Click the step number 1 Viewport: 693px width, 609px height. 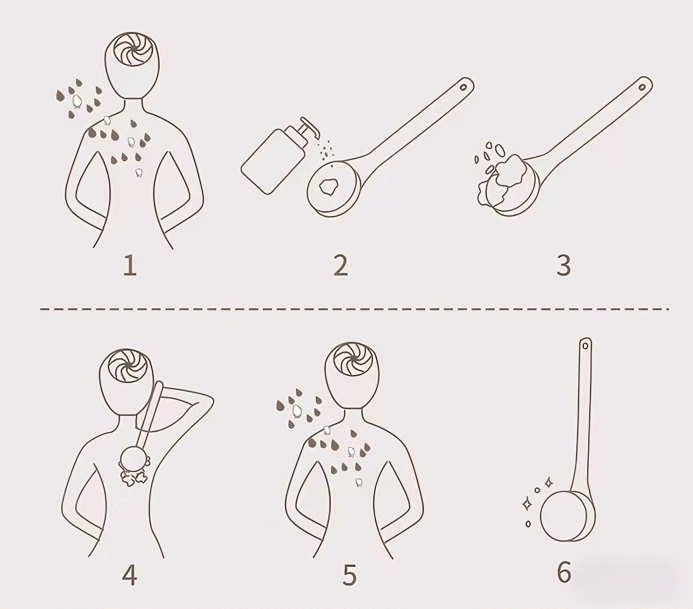[x=130, y=265]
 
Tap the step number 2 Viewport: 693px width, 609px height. [x=341, y=265]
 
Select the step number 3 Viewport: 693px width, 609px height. [x=564, y=265]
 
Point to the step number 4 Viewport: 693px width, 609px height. [x=129, y=575]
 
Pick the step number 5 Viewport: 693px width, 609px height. [x=350, y=575]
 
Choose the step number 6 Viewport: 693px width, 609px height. [x=564, y=572]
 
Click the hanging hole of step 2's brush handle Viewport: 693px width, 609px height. [x=463, y=87]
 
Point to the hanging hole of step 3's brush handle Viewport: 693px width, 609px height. [x=642, y=87]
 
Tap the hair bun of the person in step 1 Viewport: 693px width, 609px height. [x=133, y=49]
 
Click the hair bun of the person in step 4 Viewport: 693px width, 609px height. [x=127, y=366]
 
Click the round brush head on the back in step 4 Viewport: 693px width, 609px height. [x=133, y=459]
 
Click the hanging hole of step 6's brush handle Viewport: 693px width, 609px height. [x=585, y=346]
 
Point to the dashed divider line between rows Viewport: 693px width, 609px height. [x=354, y=309]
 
